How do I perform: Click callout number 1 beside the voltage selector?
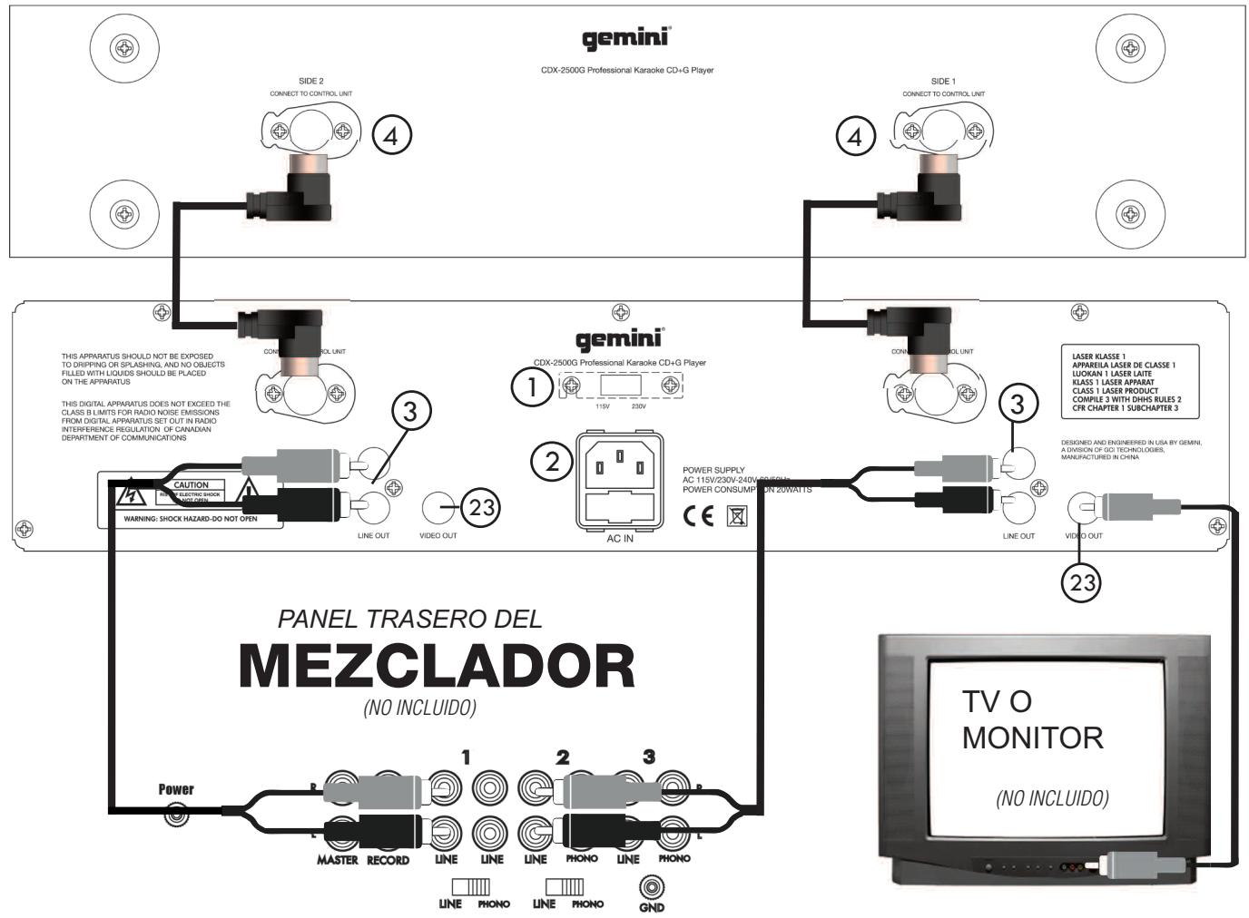click(531, 388)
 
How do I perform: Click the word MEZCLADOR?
click(437, 668)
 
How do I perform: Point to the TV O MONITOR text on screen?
click(1032, 719)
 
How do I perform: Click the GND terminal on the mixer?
click(650, 885)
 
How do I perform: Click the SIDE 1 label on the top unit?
click(943, 82)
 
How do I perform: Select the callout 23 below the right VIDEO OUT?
click(1081, 582)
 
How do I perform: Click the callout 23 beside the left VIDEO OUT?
click(481, 508)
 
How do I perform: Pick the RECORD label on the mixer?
click(388, 859)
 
